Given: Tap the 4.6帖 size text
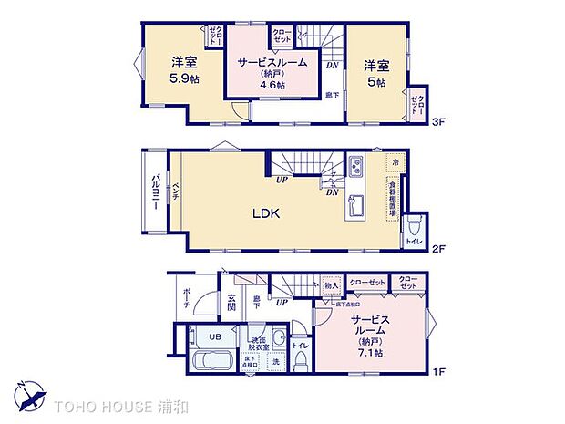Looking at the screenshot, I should [x=272, y=85].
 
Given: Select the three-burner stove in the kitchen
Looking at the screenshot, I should [x=354, y=167].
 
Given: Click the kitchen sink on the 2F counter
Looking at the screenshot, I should [x=354, y=205].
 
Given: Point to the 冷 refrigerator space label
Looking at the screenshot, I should [x=395, y=162].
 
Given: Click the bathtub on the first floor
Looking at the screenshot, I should [x=213, y=360].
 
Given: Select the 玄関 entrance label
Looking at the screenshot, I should [x=231, y=303].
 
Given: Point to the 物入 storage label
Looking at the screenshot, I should [x=331, y=285].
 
